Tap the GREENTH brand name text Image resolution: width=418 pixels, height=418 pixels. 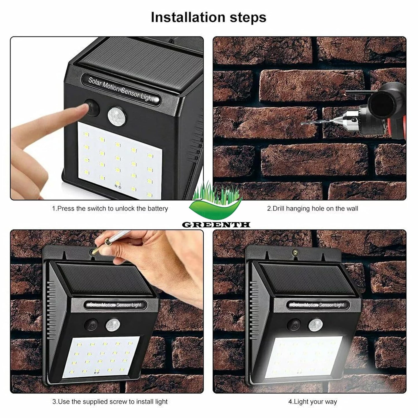point(216,225)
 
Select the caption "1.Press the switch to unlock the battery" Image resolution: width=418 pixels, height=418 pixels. point(110,209)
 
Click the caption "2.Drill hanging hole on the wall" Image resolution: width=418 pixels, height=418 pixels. point(312,209)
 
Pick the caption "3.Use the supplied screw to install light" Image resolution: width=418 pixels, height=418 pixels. point(110,402)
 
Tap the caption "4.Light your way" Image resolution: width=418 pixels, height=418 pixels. point(312,402)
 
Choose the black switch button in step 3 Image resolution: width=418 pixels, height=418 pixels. point(91,325)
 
